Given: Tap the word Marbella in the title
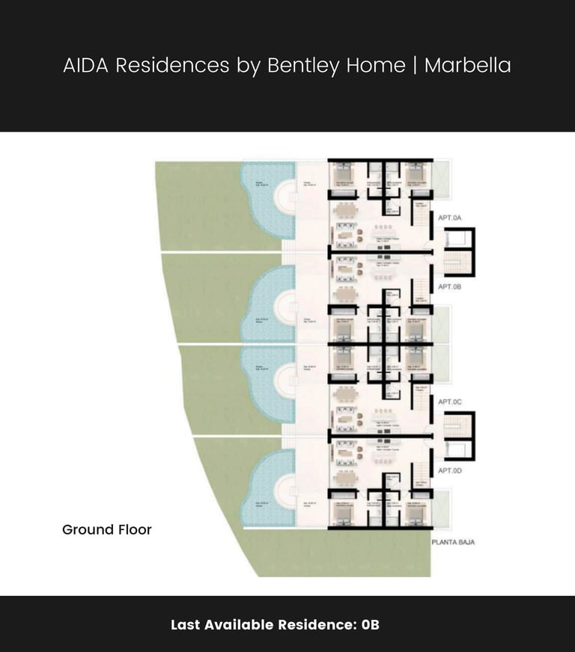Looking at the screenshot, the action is tap(467, 65).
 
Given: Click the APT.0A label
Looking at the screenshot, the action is tap(451, 218).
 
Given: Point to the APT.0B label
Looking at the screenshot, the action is tap(451, 286).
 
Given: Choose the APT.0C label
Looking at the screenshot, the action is tap(451, 402).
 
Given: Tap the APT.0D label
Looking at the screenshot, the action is tap(451, 470).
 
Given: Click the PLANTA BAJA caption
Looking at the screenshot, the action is tap(453, 541).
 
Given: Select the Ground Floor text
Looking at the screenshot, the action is tap(107, 529).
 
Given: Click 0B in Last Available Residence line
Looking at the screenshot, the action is tap(371, 624).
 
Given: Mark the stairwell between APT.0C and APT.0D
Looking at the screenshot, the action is tap(458, 437).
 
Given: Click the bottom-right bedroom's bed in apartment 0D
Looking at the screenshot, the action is tap(416, 512).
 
